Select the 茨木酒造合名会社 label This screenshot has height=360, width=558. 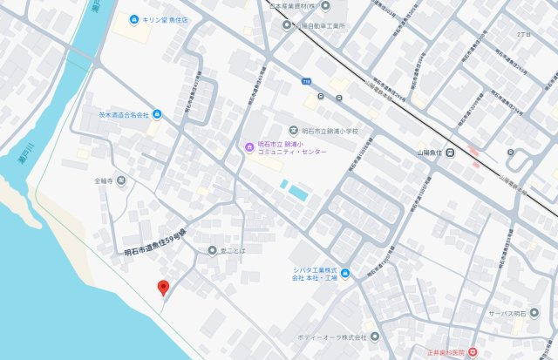tap(119, 114)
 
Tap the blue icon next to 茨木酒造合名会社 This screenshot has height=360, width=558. tap(157, 114)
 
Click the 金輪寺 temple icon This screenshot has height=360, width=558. tap(121, 181)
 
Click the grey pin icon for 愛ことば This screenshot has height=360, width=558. tap(212, 251)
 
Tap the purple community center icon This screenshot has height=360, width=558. tap(248, 146)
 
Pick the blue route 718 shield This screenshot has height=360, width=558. tap(306, 80)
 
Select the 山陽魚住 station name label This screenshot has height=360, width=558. tap(423, 153)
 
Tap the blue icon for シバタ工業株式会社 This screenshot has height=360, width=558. tap(346, 275)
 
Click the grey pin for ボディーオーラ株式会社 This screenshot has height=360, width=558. tap(375, 336)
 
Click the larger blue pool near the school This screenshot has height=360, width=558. tap(298, 191)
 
